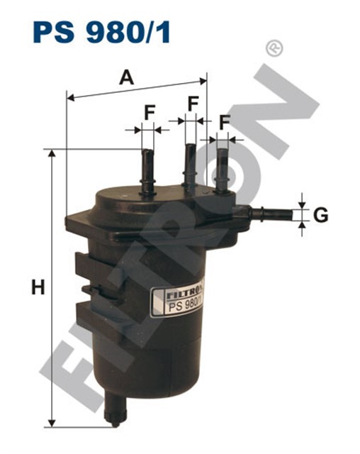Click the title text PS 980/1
coord(101,33)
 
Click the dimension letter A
coord(126,77)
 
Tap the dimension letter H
coord(38,287)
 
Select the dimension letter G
coord(321,215)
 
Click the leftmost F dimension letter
coord(150,112)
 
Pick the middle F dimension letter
coord(193,104)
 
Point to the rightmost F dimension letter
coord(225,122)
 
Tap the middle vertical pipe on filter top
coord(190,167)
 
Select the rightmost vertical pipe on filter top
coord(222,170)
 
